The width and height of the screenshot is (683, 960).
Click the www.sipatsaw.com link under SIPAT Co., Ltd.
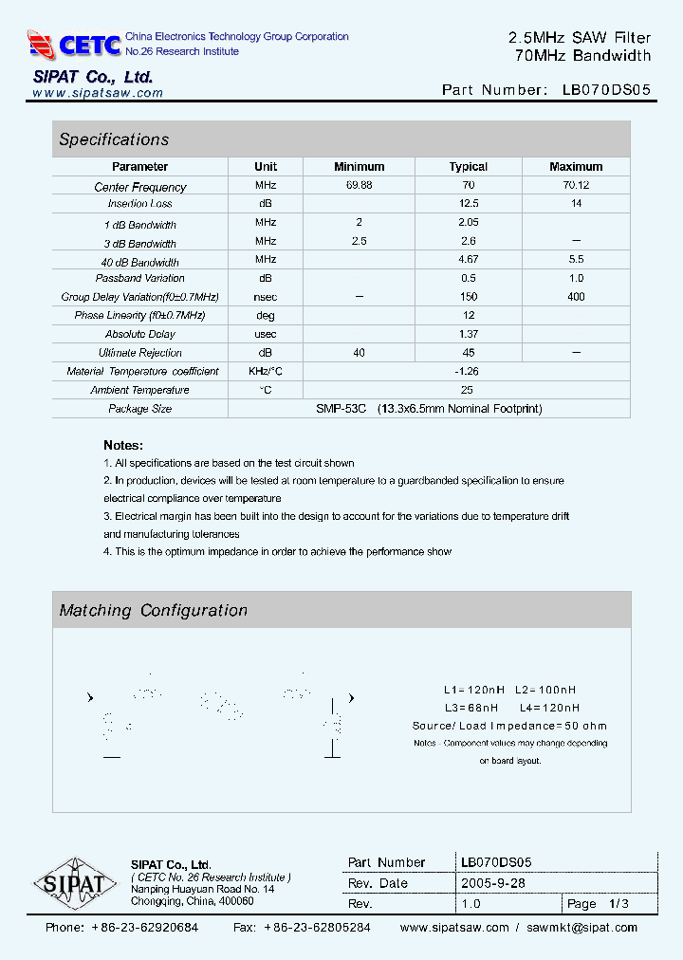98,93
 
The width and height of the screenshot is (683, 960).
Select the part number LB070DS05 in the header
606,90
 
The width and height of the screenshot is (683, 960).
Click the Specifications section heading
114,139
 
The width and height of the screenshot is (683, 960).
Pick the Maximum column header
576,167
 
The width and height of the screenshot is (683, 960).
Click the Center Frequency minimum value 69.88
360,186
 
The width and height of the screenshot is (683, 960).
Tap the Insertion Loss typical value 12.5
469,204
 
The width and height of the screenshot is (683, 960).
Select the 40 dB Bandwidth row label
140,262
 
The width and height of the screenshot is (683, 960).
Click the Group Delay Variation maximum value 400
576,297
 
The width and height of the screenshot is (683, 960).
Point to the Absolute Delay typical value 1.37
469,334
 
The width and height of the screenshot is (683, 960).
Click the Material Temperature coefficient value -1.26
466,371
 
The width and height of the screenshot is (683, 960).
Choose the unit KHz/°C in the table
266,371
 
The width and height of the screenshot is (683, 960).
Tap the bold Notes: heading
123,445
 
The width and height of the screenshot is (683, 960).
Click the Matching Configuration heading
153,611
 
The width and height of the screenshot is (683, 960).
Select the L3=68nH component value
471,708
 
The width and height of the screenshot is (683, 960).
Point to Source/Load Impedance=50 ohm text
509,726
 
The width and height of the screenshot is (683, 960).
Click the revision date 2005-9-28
492,883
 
